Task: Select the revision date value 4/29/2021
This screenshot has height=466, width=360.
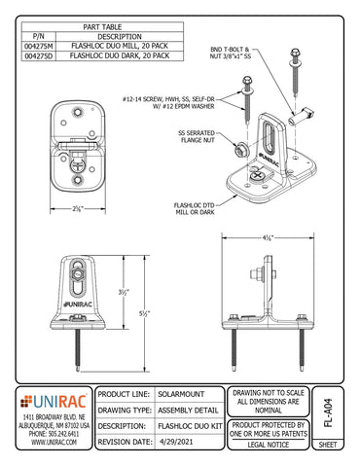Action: (185, 442)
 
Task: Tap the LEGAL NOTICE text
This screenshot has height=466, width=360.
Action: (262, 443)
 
